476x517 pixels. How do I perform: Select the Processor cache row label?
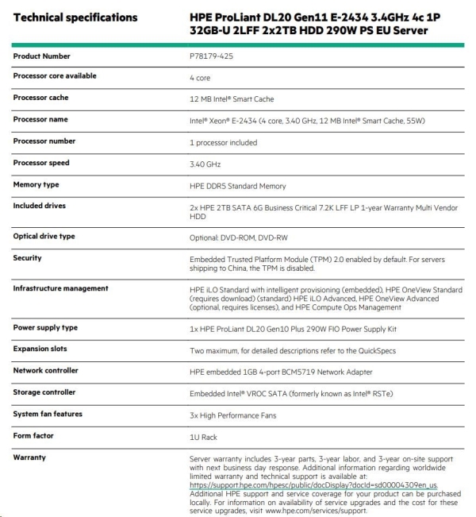point(40,98)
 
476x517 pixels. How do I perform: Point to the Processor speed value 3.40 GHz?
point(205,164)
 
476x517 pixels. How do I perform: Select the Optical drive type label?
point(44,237)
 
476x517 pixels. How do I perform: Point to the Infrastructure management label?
point(60,288)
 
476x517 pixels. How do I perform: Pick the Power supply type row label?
point(45,327)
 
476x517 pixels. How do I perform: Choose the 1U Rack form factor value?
point(202,437)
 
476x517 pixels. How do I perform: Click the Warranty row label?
point(29,457)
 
